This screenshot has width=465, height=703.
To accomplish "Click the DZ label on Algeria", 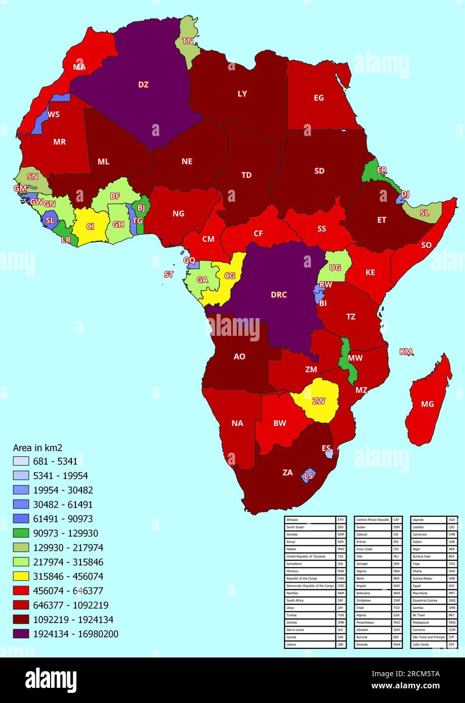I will coord(143,84).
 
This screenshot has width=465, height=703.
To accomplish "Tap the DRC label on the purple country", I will coord(279,295).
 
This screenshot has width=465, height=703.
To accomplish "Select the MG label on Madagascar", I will coord(428,404).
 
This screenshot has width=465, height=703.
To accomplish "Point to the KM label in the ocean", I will coord(406,352).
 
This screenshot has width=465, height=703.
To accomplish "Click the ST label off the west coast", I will coord(169,275).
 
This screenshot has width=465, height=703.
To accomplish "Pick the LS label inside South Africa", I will coord(308,475).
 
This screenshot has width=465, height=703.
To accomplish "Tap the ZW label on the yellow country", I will coord(319,401).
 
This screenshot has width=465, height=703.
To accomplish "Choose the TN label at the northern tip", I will coord(188,41).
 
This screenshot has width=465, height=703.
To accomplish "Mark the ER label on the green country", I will coord(382,170).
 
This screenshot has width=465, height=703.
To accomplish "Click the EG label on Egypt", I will coord(319,98).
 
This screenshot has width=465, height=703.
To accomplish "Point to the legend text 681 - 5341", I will coord(55,461).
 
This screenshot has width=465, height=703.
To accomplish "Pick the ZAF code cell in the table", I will coord(341,600).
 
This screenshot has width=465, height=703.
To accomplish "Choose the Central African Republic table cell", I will coord(373,519).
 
